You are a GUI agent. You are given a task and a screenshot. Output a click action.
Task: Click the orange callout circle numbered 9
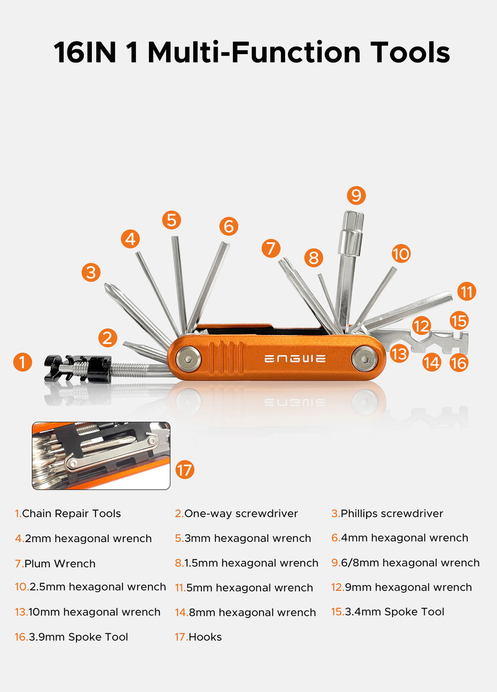coord(356,195)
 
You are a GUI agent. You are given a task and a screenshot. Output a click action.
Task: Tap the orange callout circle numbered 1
coord(23,362)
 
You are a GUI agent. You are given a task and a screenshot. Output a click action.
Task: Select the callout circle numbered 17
coord(185,470)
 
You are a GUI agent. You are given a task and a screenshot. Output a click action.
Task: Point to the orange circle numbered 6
coord(229,226)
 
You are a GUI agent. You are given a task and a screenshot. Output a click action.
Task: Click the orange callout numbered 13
coord(399,353)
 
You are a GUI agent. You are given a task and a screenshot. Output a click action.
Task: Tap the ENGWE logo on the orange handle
coord(295,359)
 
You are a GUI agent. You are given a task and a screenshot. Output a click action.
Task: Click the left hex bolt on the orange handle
coord(188,359)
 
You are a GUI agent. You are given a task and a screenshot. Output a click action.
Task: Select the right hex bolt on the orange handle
coord(364,359)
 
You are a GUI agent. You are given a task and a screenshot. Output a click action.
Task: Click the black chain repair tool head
coord(78,369)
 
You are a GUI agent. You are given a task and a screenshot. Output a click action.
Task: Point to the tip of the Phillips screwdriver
coord(107,285)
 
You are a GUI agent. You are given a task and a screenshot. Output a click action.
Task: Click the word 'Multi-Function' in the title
coord(254,52)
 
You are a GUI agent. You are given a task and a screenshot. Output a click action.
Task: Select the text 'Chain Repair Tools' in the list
coord(71,513)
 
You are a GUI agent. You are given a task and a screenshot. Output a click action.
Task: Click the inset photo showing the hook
coord(101,456)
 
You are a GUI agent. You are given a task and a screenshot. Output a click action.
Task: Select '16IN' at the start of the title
coord(85,52)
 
